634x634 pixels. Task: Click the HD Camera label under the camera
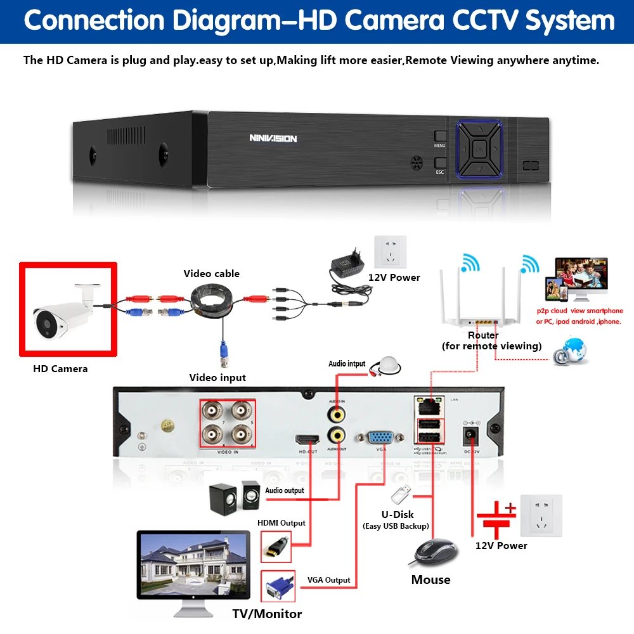[60, 368]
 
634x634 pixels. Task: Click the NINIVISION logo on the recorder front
[273, 138]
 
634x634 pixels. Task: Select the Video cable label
[212, 274]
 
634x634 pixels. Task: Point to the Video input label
[217, 378]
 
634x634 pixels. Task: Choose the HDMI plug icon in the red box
[276, 546]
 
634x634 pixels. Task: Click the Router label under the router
[483, 335]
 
